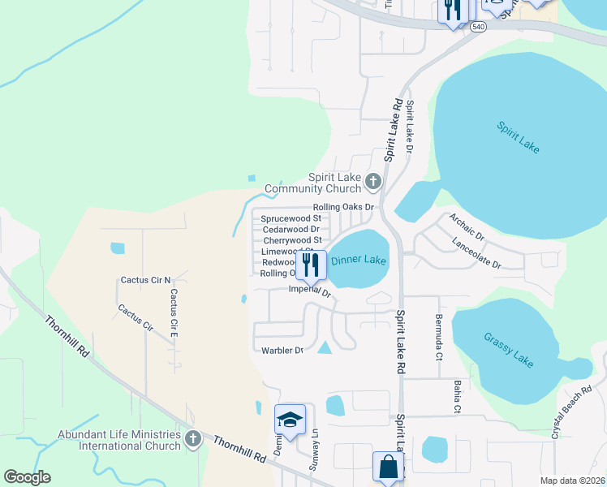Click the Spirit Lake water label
click(518, 137)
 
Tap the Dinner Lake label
click(358, 261)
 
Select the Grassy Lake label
click(509, 350)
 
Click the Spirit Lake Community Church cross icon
click(373, 181)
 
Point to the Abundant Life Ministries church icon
click(192, 439)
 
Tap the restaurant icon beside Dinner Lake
click(309, 265)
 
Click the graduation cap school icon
click(290, 419)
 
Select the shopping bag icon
click(388, 467)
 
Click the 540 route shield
click(479, 27)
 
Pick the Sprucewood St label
click(291, 218)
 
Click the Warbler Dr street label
click(282, 351)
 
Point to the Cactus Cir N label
click(146, 280)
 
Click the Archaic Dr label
click(467, 226)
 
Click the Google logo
click(27, 477)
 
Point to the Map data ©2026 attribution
click(572, 481)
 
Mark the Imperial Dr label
click(311, 291)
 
